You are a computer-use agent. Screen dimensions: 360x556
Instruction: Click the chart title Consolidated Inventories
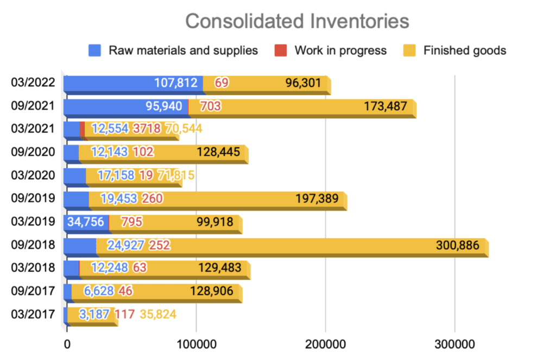coord(296,21)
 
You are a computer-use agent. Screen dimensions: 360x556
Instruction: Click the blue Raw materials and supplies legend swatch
coord(95,50)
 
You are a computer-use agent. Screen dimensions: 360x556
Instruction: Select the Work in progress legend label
coord(340,50)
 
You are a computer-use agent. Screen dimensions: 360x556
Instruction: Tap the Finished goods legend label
coord(464,50)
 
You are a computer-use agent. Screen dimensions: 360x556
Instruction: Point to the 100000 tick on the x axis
coord(196,344)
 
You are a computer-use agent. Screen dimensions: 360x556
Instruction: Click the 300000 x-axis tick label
coord(454,344)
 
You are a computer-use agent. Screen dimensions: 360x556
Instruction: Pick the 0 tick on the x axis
coord(66,344)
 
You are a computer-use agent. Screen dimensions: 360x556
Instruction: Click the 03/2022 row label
coord(33,83)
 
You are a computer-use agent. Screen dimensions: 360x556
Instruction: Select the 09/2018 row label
coord(33,245)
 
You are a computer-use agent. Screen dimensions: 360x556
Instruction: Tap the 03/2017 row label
coord(33,314)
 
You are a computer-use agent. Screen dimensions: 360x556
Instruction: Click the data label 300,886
coord(458,245)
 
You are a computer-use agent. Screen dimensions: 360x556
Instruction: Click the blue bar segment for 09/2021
coord(125,106)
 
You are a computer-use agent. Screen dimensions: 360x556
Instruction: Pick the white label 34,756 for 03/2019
coord(85,222)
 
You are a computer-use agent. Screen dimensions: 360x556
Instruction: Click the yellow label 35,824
coord(158,314)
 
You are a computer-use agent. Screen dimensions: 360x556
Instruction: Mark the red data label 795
coord(132,222)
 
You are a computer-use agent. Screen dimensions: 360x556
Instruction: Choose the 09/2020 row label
coord(33,152)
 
